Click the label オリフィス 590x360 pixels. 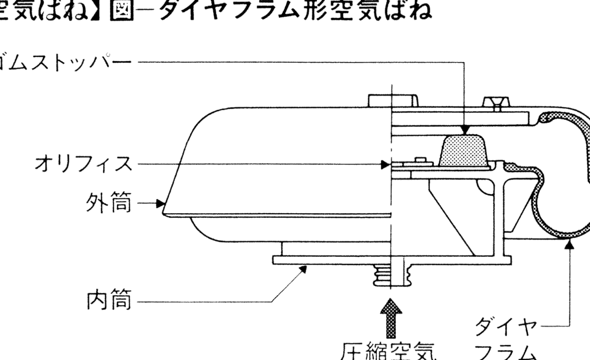pos(83,164)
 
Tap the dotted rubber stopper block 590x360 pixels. pos(463,151)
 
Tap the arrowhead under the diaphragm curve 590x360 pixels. pos(570,244)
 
